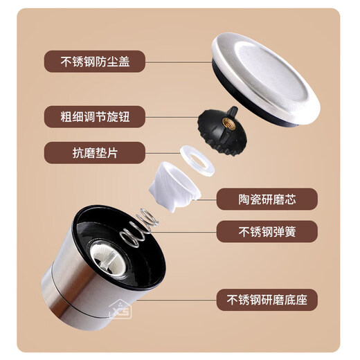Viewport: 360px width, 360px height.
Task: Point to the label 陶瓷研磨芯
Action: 267,200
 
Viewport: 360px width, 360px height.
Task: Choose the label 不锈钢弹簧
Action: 267,231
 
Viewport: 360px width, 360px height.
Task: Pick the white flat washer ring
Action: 198,161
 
